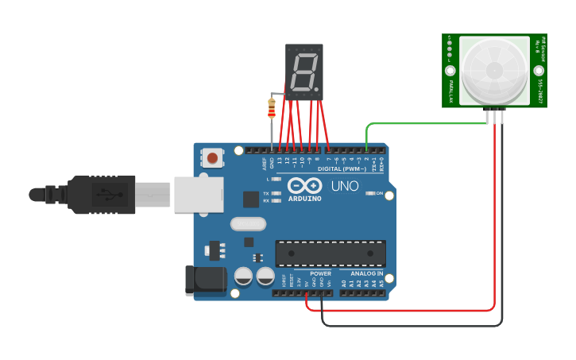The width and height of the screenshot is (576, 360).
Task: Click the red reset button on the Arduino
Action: tap(213, 158)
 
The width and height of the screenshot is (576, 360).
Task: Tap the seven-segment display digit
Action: tap(304, 72)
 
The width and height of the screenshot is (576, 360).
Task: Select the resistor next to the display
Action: tap(272, 108)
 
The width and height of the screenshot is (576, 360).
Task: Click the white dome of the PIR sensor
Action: tap(493, 70)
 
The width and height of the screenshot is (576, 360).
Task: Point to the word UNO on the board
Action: tap(344, 187)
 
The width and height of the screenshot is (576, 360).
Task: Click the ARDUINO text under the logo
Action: tap(305, 199)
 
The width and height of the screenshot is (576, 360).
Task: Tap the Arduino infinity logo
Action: tap(305, 185)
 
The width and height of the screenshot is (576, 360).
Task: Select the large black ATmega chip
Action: tap(331, 253)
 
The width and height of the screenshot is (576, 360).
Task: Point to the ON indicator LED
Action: tap(369, 194)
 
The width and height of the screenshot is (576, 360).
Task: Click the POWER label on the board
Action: tap(321, 273)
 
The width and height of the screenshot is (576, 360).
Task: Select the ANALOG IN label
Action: tap(367, 273)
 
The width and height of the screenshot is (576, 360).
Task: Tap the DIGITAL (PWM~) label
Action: tap(342, 168)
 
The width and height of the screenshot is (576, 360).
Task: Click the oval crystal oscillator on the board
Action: tap(248, 224)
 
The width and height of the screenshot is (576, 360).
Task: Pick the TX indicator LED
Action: tap(276, 193)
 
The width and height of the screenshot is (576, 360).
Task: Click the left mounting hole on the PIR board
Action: tap(450, 71)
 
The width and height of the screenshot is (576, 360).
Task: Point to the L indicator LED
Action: tap(276, 180)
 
